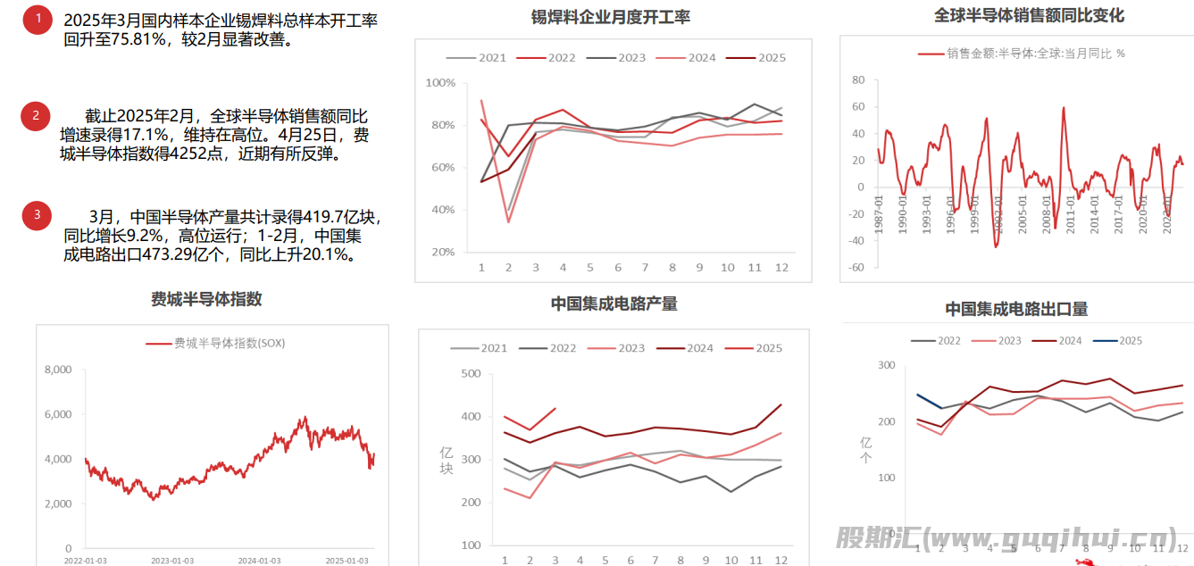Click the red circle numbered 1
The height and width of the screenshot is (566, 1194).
(38, 19)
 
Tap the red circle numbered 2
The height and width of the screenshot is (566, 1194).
(36, 115)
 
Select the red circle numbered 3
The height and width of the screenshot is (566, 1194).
(37, 214)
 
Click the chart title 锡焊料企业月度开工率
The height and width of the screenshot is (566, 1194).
(611, 17)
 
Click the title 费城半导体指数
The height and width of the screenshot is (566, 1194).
(206, 299)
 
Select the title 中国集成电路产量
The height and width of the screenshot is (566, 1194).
(614, 304)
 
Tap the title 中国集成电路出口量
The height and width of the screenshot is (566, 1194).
(1016, 309)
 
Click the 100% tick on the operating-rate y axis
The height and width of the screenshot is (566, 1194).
(441, 83)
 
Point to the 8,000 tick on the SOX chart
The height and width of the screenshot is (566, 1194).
(57, 370)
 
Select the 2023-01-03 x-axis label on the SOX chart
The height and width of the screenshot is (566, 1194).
(172, 561)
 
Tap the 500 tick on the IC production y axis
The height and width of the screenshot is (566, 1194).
(470, 374)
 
